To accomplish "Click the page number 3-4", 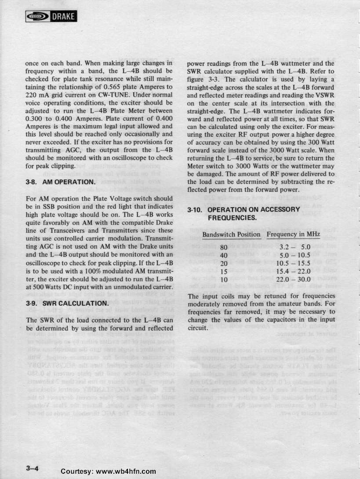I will pyautogui.click(x=33, y=468).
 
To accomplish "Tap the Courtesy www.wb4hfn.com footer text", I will pyautogui.click(x=109, y=471).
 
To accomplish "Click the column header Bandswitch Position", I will pyautogui.click(x=232, y=234).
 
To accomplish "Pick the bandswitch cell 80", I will pyautogui.click(x=224, y=247).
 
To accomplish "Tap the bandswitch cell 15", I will pyautogui.click(x=224, y=271).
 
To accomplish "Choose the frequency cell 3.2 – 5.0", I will pyautogui.click(x=298, y=247).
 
